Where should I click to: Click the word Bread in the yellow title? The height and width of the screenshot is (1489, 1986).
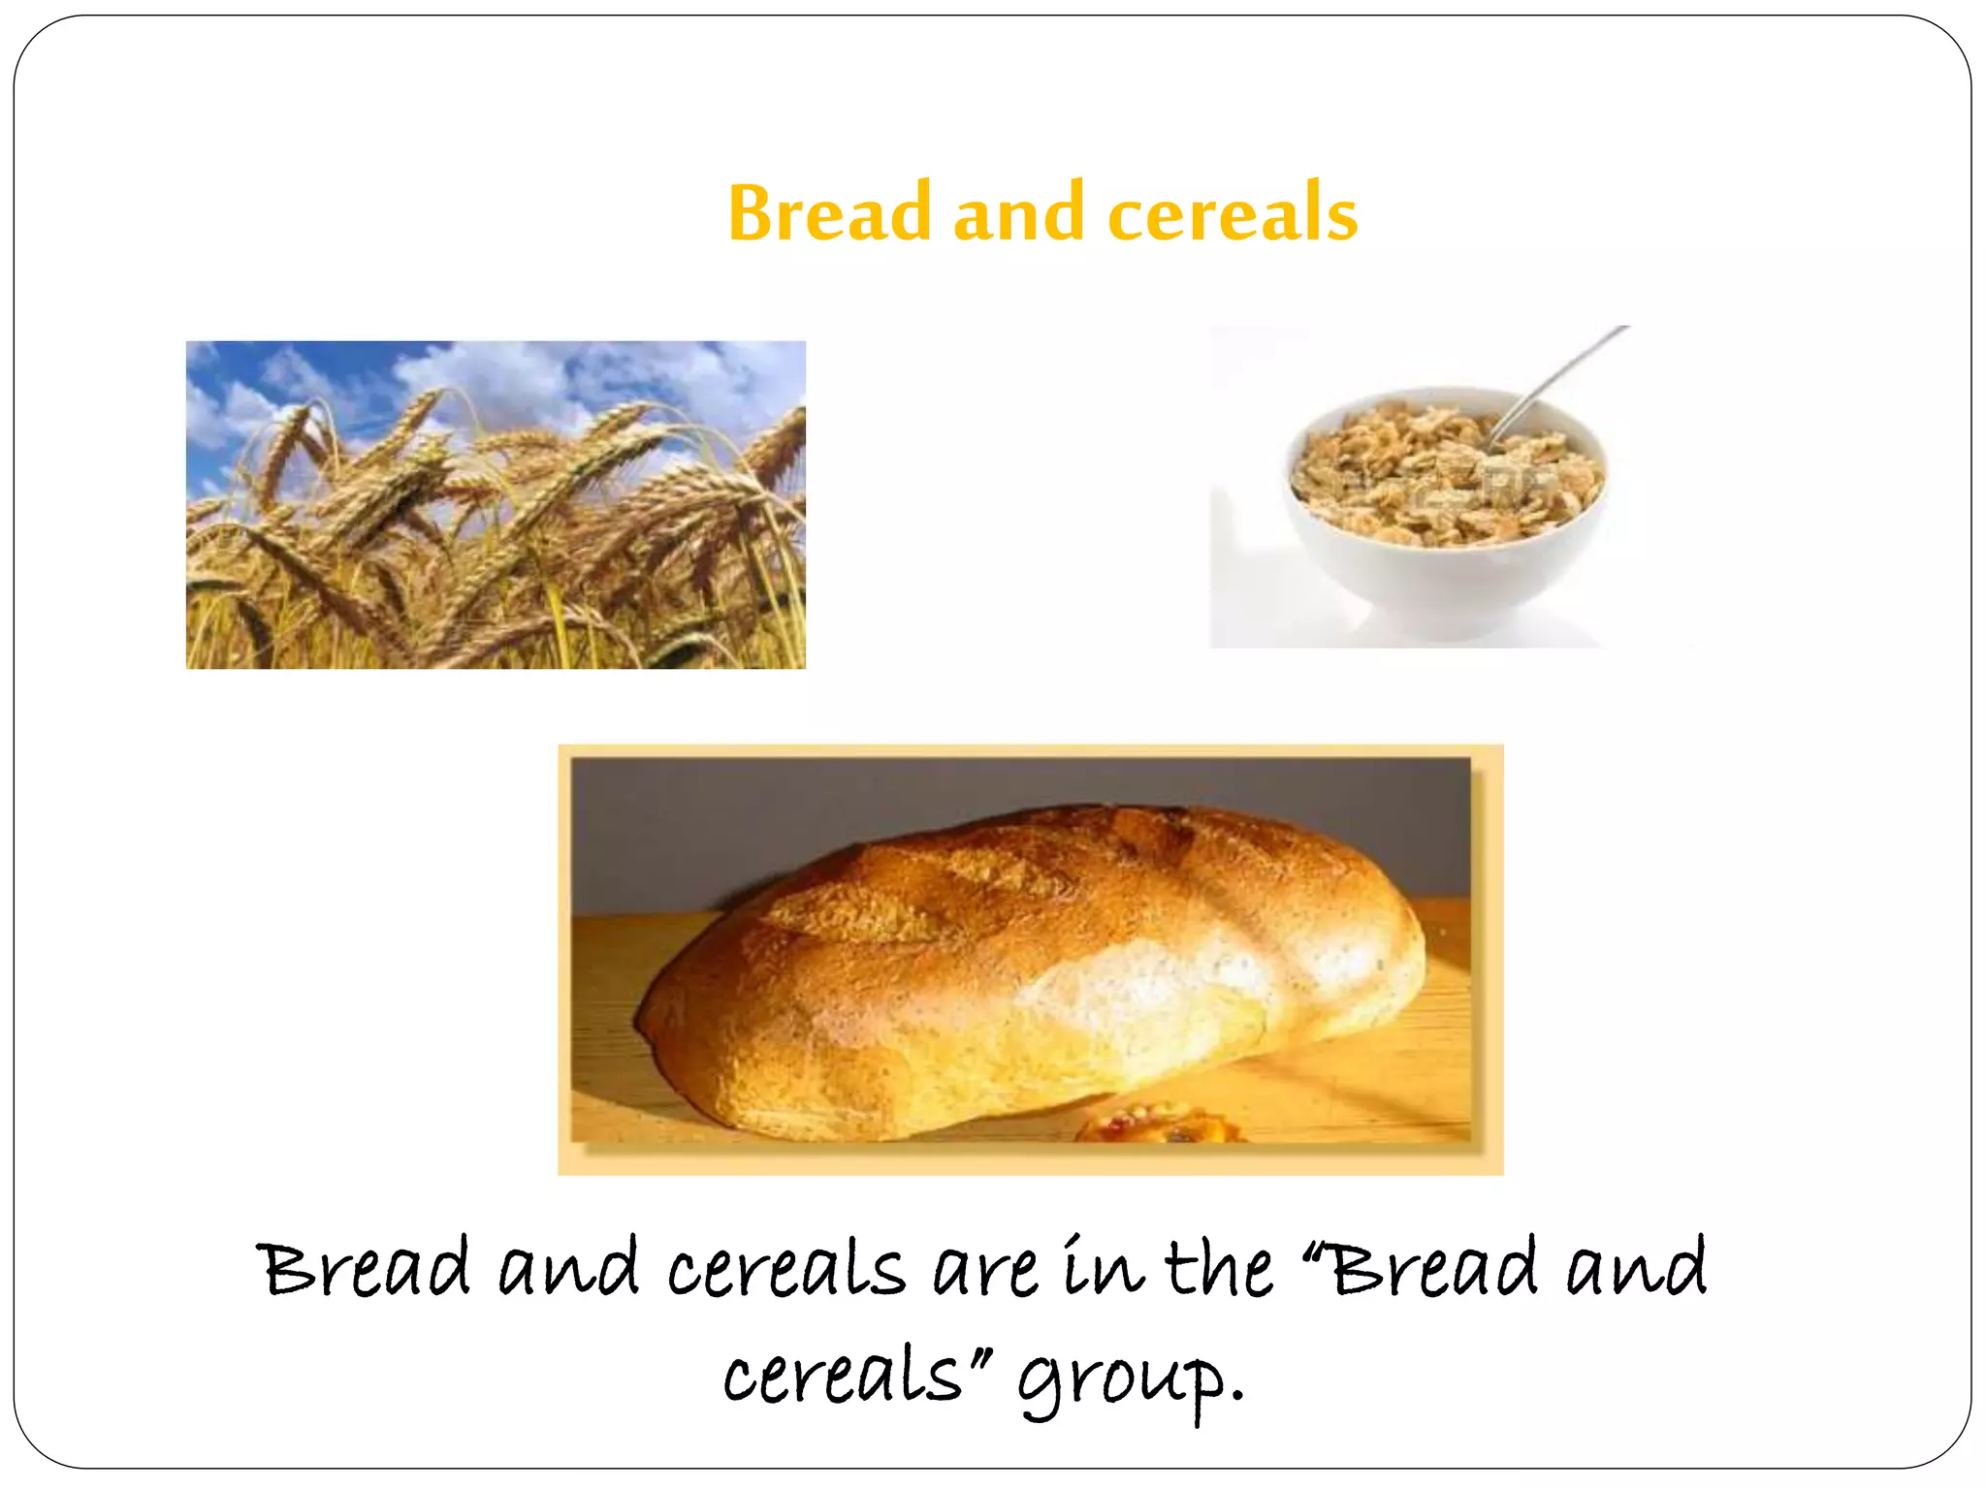coord(829,213)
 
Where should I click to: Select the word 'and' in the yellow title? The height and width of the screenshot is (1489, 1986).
coord(1018,213)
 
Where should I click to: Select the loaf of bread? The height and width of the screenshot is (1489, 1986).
coord(1028,969)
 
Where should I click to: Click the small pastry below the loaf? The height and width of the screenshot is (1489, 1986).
coord(1159,1125)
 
